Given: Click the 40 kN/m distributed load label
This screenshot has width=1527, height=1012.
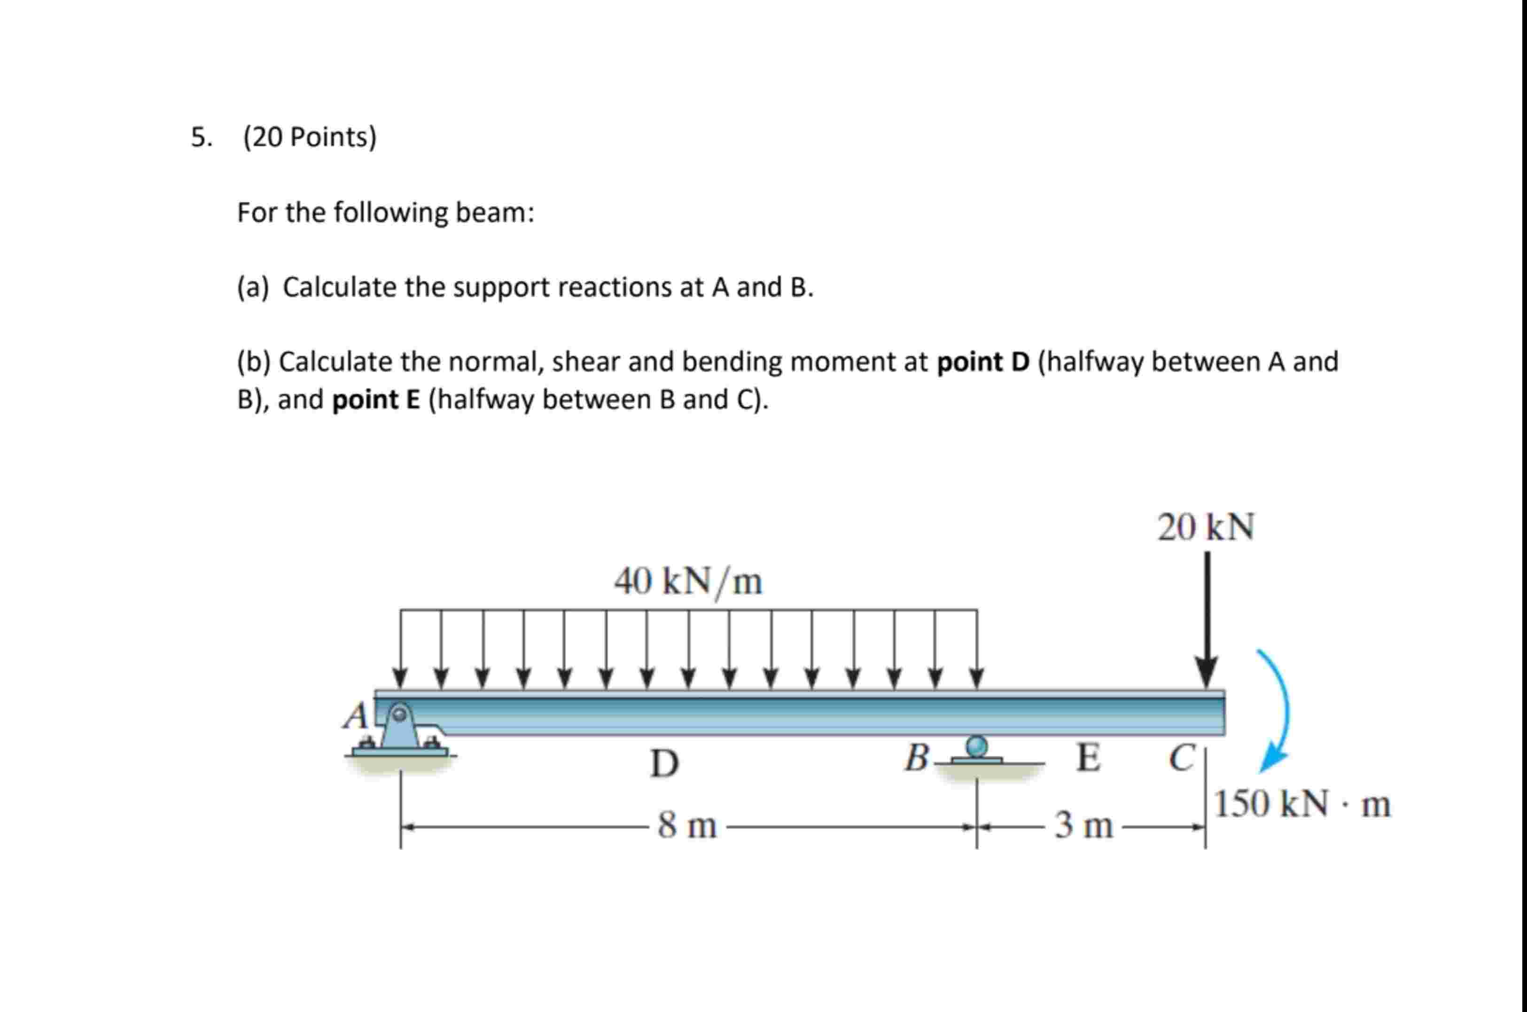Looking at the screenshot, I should click(x=688, y=582).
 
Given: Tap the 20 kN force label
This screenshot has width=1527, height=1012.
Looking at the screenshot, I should click(x=1205, y=528).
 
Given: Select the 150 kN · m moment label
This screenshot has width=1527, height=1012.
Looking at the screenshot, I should click(x=1302, y=805).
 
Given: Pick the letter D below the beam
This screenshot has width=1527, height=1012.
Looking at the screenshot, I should click(x=664, y=763).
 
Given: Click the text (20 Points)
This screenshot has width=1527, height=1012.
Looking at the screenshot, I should click(x=310, y=137).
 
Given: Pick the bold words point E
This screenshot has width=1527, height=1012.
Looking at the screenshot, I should click(x=376, y=400).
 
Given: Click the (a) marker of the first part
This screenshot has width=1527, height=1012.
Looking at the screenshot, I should click(x=252, y=288).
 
